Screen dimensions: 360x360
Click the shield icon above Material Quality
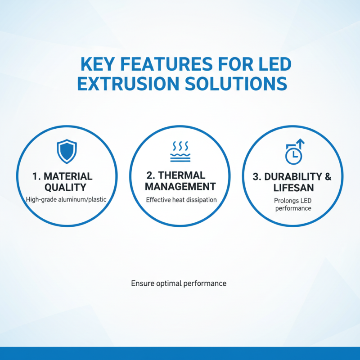click(67, 151)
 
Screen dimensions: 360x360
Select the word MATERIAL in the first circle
click(68, 176)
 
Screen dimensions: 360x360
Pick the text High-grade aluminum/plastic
click(67, 199)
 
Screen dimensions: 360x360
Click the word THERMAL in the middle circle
click(182, 175)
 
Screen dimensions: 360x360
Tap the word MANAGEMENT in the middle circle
click(180, 186)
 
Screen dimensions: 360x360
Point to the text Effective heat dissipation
click(181, 199)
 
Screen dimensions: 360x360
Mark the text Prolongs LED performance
click(292, 205)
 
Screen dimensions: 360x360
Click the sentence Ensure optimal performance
click(179, 283)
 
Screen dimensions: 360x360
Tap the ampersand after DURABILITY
click(327, 177)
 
